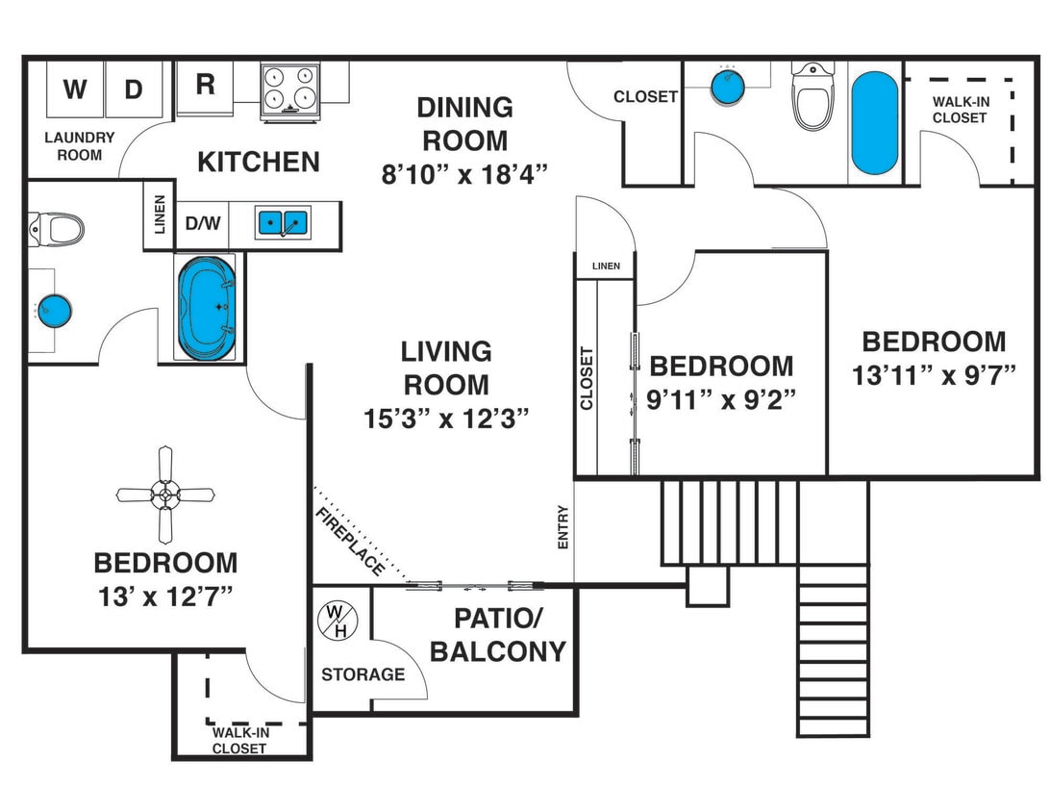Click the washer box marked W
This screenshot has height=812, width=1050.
pos(74,90)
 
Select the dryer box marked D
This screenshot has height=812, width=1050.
pos(134,90)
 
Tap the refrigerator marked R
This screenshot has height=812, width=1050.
pos(205,86)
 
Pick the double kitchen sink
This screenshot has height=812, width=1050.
pos(282,223)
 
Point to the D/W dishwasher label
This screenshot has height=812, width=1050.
pos(203,223)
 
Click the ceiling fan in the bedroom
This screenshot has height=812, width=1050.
pos(165,495)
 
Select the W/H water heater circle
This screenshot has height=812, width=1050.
pos(338,621)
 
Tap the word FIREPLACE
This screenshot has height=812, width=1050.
pos(350,542)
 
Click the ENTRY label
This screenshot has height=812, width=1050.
pos(563,528)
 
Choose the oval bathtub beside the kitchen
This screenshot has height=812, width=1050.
pos(206,308)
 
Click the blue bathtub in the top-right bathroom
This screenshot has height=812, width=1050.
pos(874,123)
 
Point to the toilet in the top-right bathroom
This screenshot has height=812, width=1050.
pos(812,99)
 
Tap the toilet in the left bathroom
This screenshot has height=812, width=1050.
pos(58,229)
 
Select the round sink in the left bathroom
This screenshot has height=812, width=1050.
pos(55,311)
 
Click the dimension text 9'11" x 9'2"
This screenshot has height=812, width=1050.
pos(721,399)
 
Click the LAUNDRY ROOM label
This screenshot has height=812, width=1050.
pos(80,146)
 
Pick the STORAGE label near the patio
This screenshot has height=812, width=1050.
pos(362,674)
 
